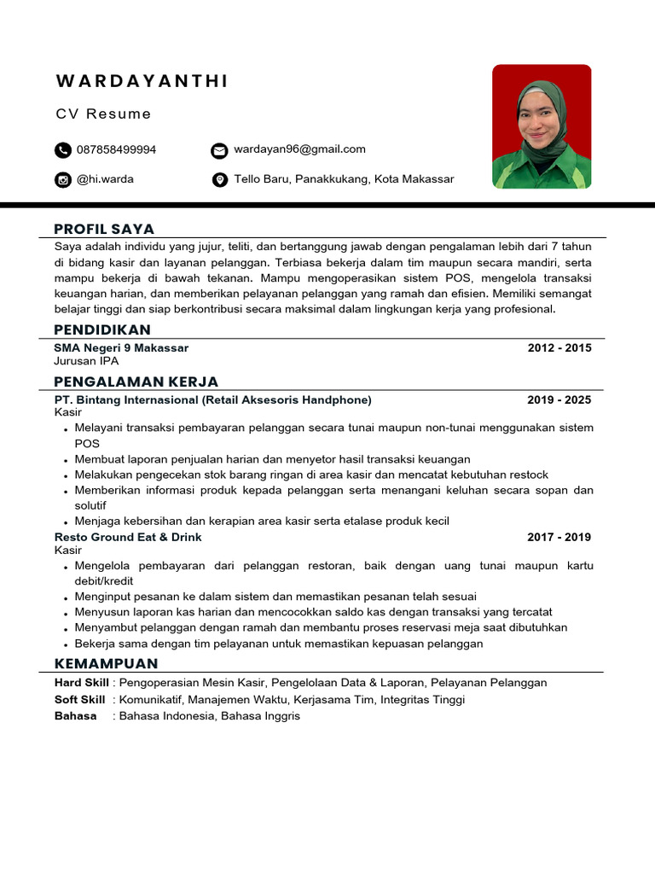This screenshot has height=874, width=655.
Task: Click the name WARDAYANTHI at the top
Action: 142,81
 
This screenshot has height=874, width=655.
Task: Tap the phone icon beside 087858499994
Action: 63,150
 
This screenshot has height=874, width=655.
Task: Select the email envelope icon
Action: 219,150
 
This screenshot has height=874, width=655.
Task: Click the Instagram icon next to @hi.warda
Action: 63,180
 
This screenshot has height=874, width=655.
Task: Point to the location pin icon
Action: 219,180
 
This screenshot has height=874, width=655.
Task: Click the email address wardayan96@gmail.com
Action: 299,149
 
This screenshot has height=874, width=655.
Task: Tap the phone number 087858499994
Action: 116,149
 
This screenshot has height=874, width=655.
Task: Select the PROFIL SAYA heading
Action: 104,229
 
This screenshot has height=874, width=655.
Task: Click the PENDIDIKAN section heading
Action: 102,329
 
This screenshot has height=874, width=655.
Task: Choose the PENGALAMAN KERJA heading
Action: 136,382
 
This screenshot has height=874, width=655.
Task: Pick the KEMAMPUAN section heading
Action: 106,663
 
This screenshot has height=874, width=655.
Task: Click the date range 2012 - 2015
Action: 559,348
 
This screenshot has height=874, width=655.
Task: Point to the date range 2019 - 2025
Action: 559,400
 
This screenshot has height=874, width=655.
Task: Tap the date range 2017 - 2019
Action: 559,538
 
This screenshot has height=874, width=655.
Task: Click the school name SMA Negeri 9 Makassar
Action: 121,348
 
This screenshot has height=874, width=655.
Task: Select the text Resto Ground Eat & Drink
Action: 128,538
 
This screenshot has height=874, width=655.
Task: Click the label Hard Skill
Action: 81,683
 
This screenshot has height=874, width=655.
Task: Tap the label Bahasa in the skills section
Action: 76,716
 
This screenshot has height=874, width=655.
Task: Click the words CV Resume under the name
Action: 104,114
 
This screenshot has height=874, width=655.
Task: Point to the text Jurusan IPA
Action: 86,361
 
